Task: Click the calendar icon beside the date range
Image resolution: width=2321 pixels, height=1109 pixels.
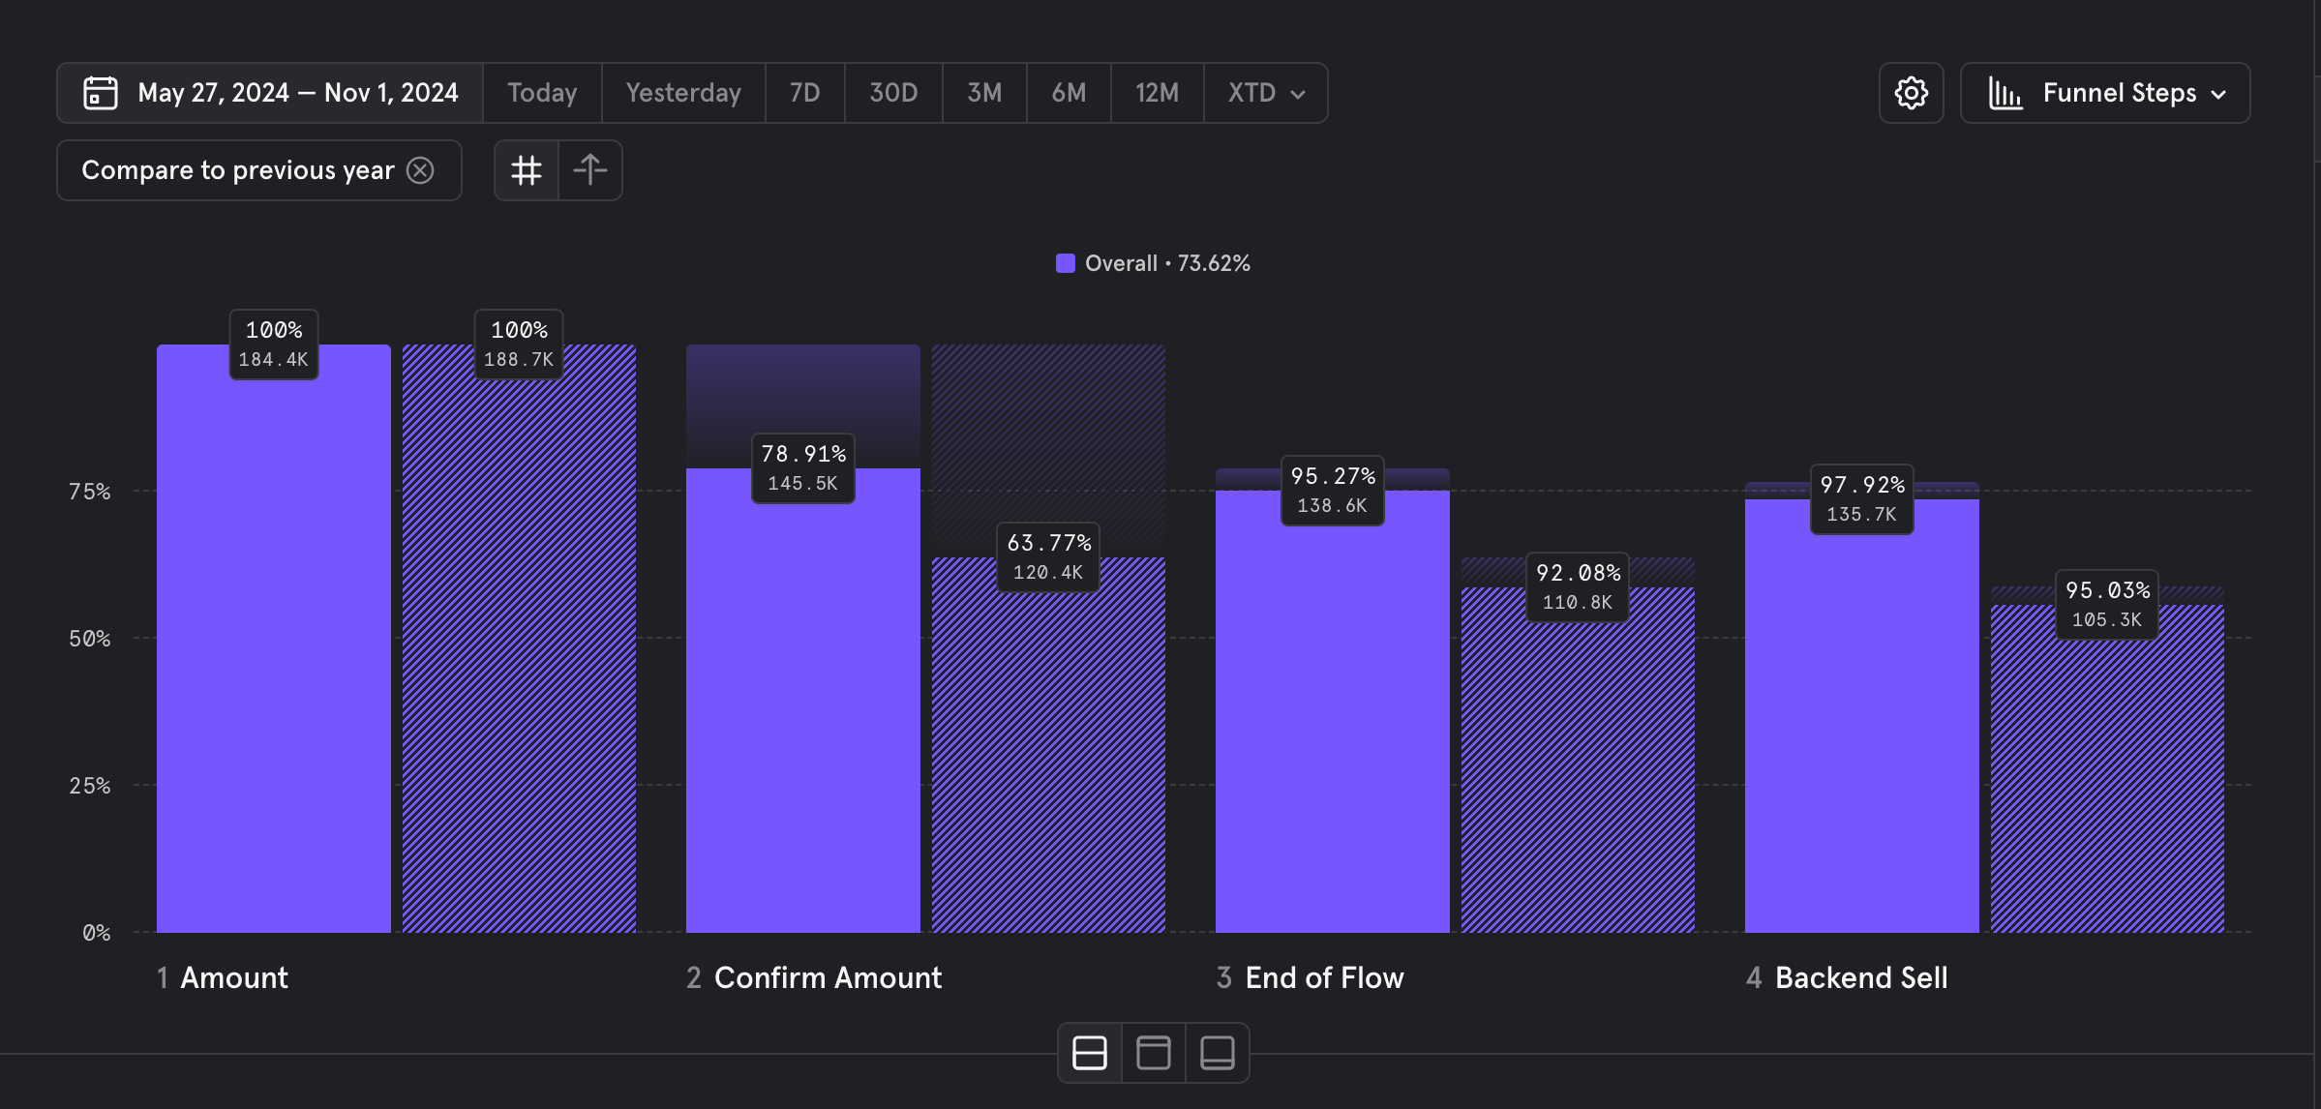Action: pyautogui.click(x=101, y=93)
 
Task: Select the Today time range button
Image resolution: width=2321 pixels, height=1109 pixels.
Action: pyautogui.click(x=542, y=93)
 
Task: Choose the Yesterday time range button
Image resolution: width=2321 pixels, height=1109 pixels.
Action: pyautogui.click(x=683, y=93)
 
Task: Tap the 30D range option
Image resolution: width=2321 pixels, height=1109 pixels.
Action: pyautogui.click(x=892, y=93)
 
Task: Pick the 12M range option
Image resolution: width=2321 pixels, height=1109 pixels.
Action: pyautogui.click(x=1157, y=93)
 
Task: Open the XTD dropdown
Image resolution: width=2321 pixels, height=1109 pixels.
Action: pyautogui.click(x=1266, y=93)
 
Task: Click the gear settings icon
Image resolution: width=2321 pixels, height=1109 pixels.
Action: pyautogui.click(x=1911, y=93)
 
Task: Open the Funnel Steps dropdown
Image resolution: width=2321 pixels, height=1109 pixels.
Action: pyautogui.click(x=2105, y=93)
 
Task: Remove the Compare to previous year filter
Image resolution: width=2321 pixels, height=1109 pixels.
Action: pyautogui.click(x=420, y=170)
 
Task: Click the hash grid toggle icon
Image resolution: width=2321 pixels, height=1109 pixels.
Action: pyautogui.click(x=527, y=170)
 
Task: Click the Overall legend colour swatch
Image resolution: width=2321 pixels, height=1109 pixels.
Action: pyautogui.click(x=1065, y=263)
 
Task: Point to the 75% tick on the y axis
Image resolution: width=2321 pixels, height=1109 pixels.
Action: pyautogui.click(x=90, y=492)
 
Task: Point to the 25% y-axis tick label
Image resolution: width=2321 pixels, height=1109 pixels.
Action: pyautogui.click(x=90, y=786)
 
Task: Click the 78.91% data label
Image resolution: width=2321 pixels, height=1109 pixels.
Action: pyautogui.click(x=803, y=454)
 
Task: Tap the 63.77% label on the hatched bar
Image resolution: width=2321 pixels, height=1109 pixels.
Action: pyautogui.click(x=1048, y=543)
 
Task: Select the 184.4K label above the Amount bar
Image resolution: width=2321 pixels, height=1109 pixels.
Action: pyautogui.click(x=274, y=360)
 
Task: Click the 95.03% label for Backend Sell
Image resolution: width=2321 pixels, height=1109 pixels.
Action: pyautogui.click(x=2107, y=590)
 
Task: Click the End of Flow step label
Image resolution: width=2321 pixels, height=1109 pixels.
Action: pyautogui.click(x=1323, y=977)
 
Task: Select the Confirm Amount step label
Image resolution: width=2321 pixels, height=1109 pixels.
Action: pyautogui.click(x=828, y=977)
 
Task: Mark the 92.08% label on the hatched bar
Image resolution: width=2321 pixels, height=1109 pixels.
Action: pyautogui.click(x=1578, y=573)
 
